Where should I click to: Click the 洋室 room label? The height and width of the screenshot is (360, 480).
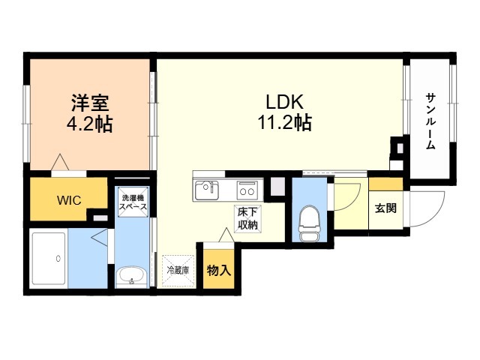point(90,103)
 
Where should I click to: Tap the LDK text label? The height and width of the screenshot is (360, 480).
point(285,102)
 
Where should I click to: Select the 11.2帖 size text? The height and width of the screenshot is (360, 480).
point(285,122)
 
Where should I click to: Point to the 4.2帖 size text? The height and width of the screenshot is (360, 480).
point(90,123)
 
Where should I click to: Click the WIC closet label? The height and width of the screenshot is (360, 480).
point(69,200)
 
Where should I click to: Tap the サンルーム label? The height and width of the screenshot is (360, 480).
point(430,121)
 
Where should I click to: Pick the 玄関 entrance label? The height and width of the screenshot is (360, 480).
point(385,208)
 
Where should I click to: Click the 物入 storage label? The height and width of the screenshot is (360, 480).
point(219,270)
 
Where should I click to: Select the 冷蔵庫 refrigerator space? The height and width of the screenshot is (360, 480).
point(178,271)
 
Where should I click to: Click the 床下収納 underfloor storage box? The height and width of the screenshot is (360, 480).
point(248,219)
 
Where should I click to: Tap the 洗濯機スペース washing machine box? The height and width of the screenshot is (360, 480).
point(133,202)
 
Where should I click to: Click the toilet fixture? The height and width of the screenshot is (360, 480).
point(309,223)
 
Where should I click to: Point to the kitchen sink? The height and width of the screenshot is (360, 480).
point(207,190)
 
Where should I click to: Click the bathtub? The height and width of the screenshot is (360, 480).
point(49,259)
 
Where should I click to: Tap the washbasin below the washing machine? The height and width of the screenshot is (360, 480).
point(132,276)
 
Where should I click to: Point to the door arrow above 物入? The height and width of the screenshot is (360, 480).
point(226,235)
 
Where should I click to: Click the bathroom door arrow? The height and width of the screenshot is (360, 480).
point(100,237)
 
